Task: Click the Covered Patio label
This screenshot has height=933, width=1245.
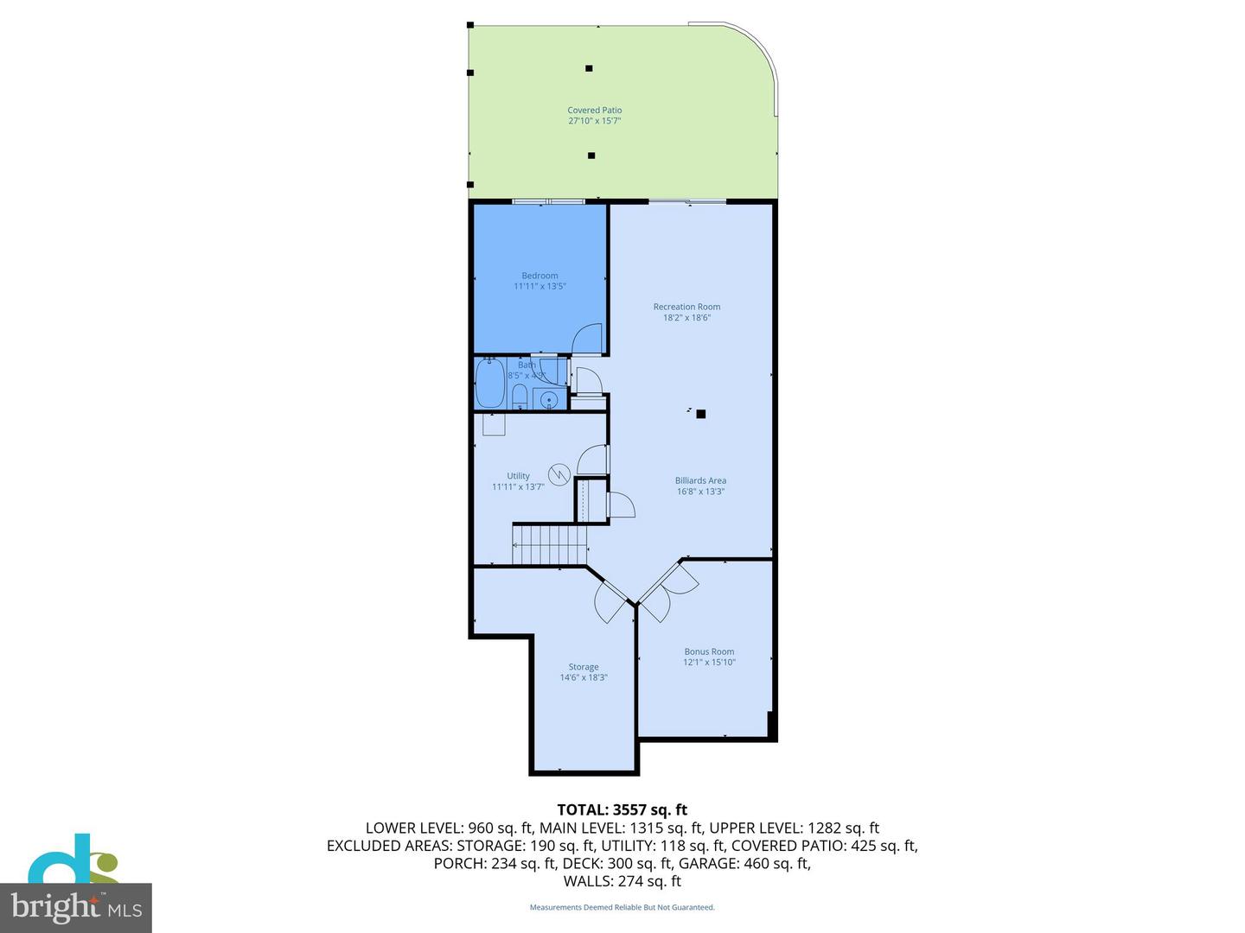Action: click(595, 111)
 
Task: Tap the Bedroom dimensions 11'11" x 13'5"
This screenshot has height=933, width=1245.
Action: click(539, 286)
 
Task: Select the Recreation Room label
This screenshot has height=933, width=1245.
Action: click(686, 307)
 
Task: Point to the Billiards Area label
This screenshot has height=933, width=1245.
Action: click(700, 480)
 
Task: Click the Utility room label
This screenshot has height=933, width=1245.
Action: click(518, 476)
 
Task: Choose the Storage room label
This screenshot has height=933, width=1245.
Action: click(584, 667)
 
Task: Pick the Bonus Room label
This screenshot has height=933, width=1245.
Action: click(709, 652)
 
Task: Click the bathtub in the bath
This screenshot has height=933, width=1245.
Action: click(490, 384)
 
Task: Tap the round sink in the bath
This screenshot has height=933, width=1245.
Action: click(549, 400)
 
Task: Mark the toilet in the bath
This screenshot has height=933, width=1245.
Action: click(520, 397)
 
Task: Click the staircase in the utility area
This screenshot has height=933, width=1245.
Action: click(550, 544)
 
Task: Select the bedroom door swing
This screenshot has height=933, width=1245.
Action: click(588, 338)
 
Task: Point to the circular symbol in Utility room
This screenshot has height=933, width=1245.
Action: click(559, 474)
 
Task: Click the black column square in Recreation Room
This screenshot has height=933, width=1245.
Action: click(701, 414)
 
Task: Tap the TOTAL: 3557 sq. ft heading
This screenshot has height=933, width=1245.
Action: click(622, 809)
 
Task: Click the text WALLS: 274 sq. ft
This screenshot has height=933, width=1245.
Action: click(622, 881)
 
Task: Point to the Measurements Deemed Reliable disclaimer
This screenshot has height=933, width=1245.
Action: click(622, 907)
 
